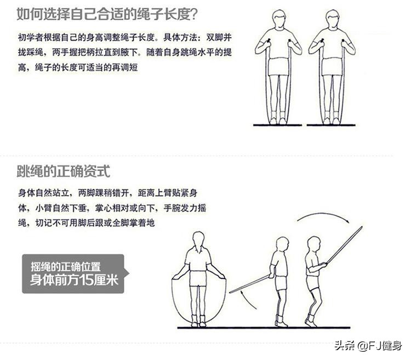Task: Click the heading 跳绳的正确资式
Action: coord(63,172)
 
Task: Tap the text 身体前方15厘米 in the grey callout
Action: coord(73,282)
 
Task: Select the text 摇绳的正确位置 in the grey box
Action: coord(65,267)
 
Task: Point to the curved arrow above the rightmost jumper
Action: coord(323,218)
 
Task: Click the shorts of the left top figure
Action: coord(279,66)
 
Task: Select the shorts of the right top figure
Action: coord(332,66)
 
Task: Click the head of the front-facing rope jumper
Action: coord(198,239)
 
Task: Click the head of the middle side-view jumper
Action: coord(282,243)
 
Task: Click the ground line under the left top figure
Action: coord(277,125)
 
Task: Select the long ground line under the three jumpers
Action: coord(263,328)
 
